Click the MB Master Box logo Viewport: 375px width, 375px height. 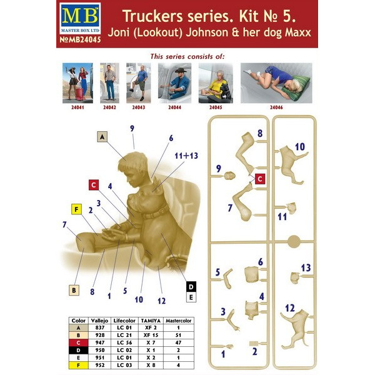76,19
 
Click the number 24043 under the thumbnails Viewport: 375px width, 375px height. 139,107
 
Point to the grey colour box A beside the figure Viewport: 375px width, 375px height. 104,135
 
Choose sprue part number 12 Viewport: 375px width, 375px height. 289,308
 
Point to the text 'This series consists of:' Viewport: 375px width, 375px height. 187,56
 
